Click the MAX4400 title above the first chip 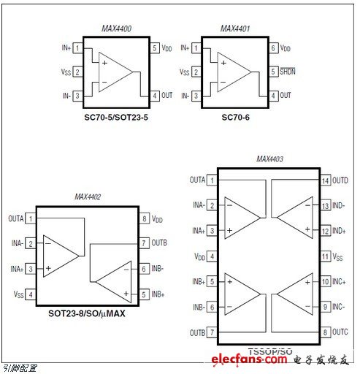click(117, 28)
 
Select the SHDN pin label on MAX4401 click(288, 72)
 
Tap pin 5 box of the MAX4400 click(155, 48)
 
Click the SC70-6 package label click(235, 118)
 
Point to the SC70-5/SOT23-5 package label click(116, 118)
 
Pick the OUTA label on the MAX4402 click(16, 218)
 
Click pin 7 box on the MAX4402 click(144, 243)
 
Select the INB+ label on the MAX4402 click(158, 294)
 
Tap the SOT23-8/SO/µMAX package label click(87, 313)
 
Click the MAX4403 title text click(269, 159)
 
